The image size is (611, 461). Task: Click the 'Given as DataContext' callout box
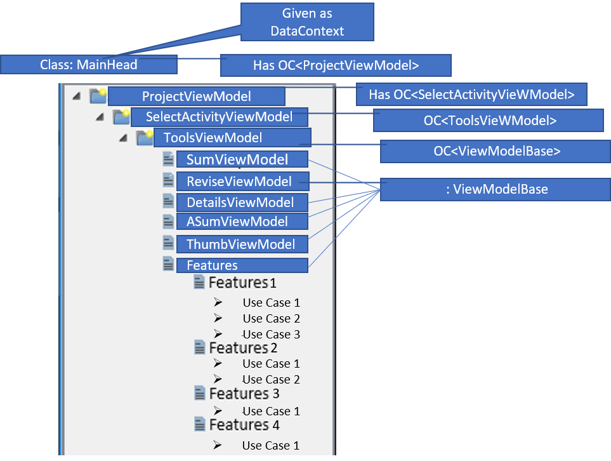[x=306, y=22]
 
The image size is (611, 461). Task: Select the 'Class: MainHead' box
[x=88, y=65]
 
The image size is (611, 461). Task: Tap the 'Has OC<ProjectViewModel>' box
[x=336, y=65]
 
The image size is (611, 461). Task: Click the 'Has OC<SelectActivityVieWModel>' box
[x=471, y=95]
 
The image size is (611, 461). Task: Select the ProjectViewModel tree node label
[x=196, y=97]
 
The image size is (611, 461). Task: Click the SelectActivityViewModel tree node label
[x=219, y=117]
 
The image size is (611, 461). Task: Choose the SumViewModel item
[x=242, y=160]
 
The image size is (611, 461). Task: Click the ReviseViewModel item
[x=242, y=182]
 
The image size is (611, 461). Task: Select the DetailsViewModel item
[x=242, y=203]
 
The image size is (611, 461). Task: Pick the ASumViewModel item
[x=242, y=222]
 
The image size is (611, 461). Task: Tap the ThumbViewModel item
[x=242, y=244]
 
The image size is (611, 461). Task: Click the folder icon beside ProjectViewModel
[x=98, y=96]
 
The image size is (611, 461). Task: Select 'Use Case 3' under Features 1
[x=271, y=335]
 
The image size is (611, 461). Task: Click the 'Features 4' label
[x=244, y=424]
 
